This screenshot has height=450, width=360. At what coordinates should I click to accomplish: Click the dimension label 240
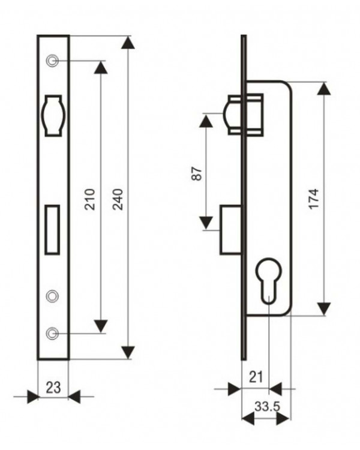tap(118, 199)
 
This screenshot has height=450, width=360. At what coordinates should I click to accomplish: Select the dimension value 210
tap(90, 199)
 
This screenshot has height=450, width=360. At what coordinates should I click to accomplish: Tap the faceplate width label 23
tap(53, 388)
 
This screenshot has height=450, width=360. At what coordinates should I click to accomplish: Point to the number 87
tap(197, 173)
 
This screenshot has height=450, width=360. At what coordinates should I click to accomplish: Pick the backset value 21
tap(256, 377)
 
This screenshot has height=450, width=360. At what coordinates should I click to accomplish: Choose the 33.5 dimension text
tap(267, 406)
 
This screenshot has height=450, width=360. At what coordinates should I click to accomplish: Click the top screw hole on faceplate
tap(52, 61)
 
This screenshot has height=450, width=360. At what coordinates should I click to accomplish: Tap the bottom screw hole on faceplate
tap(52, 333)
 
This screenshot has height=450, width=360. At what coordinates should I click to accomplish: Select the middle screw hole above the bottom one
tap(52, 296)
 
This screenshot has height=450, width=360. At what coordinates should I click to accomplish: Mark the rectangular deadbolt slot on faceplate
tap(52, 230)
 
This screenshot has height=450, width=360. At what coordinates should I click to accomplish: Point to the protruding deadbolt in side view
tap(230, 230)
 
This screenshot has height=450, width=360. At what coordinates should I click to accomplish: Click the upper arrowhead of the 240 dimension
tap(128, 43)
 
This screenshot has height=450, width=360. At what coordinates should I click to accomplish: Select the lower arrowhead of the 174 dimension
tap(324, 309)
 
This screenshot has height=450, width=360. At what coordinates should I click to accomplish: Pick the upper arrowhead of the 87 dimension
tap(206, 120)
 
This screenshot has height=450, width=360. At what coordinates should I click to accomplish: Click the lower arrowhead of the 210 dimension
tap(101, 326)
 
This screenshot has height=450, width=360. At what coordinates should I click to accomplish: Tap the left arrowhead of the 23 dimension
tap(32, 397)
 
